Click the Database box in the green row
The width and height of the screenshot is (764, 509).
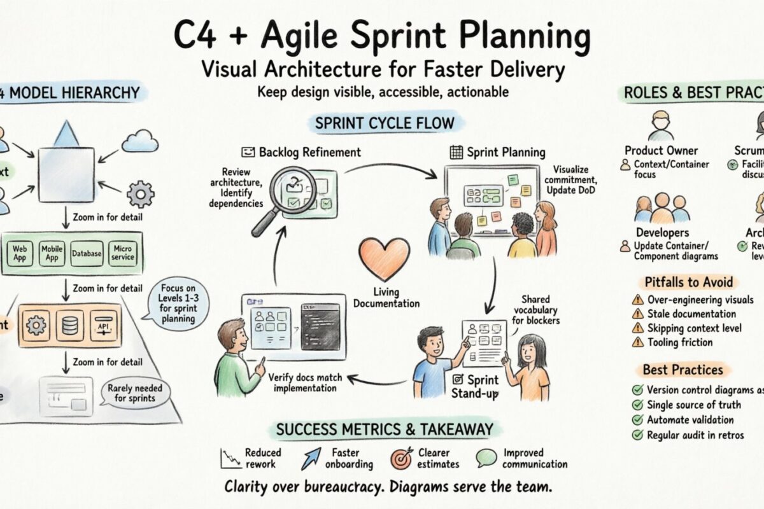pyautogui.click(x=86, y=254)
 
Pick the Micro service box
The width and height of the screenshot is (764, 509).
pyautogui.click(x=122, y=253)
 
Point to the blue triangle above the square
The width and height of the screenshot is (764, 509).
pyautogui.click(x=66, y=134)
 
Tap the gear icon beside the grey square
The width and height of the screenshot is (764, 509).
pyautogui.click(x=140, y=194)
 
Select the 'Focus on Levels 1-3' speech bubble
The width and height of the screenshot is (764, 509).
pyautogui.click(x=178, y=303)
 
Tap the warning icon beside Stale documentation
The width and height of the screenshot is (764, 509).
pyautogui.click(x=637, y=314)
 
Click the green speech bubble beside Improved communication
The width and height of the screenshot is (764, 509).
pyautogui.click(x=486, y=459)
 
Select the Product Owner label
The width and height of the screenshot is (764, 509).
pyautogui.click(x=661, y=151)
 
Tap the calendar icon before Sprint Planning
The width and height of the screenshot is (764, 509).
pyautogui.click(x=455, y=152)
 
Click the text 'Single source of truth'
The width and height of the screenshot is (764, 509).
pyautogui.click(x=694, y=405)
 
